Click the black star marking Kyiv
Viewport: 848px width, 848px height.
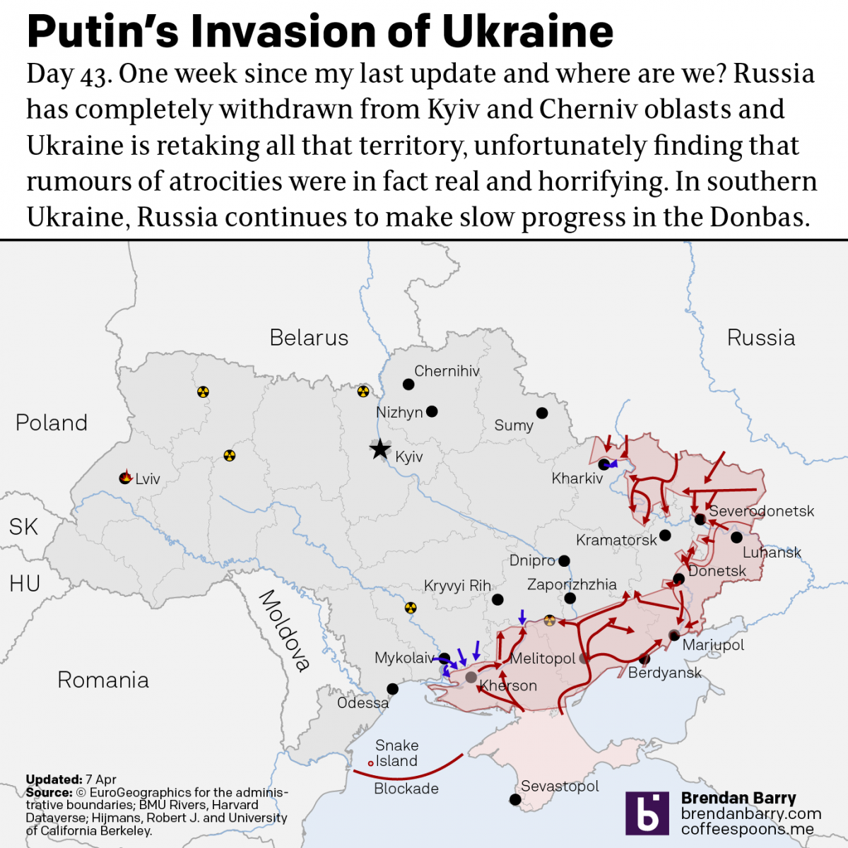tap(380, 449)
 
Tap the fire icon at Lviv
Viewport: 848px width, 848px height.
tap(126, 478)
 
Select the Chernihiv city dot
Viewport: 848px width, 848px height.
tap(408, 384)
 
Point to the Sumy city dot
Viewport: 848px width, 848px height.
tap(542, 413)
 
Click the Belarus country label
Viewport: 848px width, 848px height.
tap(309, 338)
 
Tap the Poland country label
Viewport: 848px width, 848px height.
tap(52, 423)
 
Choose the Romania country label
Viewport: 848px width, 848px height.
tap(103, 680)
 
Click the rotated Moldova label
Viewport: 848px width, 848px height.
tap(285, 630)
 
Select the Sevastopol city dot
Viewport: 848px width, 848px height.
tap(516, 800)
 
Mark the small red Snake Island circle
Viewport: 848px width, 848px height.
tap(370, 763)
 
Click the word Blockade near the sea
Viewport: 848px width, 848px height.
tap(406, 789)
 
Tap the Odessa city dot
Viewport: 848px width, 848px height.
tap(392, 689)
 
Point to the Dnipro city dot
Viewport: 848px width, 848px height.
tap(564, 561)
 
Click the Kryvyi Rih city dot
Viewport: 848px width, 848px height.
tap(497, 600)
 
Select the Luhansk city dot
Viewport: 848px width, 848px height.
tap(736, 538)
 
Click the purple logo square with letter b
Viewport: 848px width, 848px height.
tap(647, 813)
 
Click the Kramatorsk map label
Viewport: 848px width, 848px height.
tap(616, 541)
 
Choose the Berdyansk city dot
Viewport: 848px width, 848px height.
tap(644, 659)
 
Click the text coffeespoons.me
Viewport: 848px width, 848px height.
tap(747, 829)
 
